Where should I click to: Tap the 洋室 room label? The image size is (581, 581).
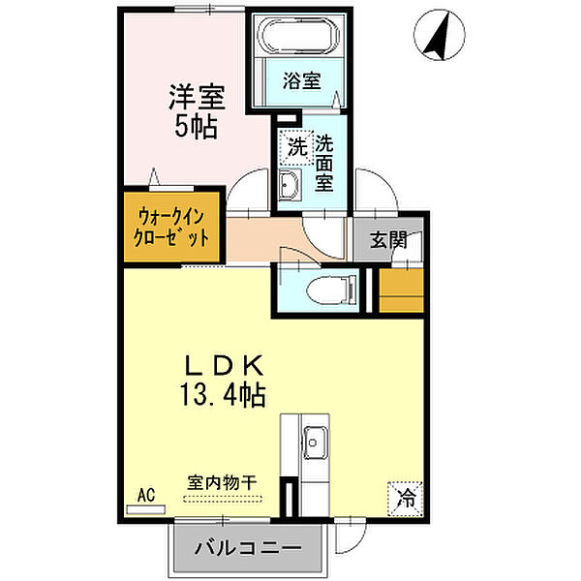(x=196, y=97)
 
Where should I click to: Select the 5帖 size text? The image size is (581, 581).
(x=196, y=127)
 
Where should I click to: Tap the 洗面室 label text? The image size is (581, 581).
(x=324, y=162)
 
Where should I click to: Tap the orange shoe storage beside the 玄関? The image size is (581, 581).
(x=402, y=288)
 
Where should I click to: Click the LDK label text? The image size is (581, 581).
(x=225, y=366)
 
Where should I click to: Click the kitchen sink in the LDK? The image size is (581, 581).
(x=314, y=445)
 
